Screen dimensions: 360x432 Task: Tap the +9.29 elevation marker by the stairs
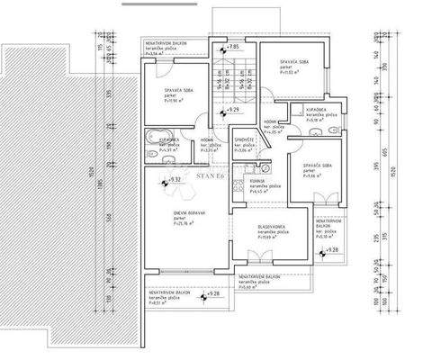tap(231, 110)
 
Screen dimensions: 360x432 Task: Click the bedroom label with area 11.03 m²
tap(292, 63)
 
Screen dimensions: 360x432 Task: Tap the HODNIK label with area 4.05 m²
tap(270, 125)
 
